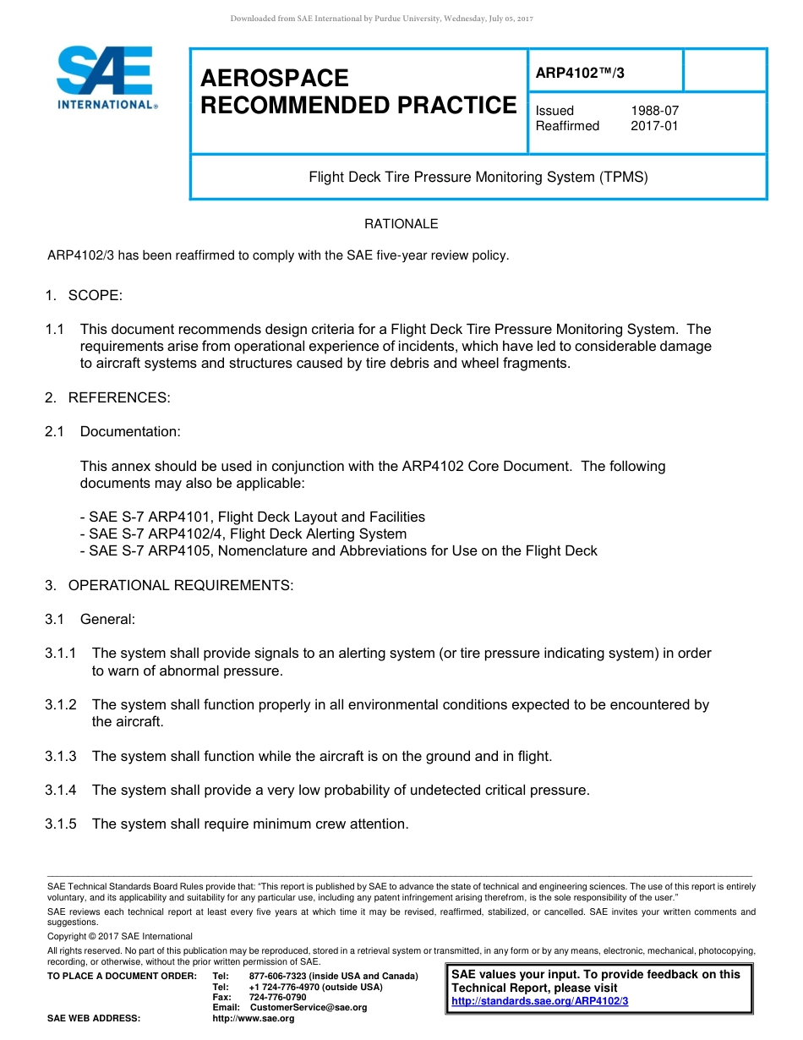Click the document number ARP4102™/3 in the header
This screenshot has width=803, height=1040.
[x=580, y=74]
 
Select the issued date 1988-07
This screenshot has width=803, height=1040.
[x=654, y=111]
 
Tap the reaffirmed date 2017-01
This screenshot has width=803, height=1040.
[x=654, y=126]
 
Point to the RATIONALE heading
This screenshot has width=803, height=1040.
[x=401, y=224]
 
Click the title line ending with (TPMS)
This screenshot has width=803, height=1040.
[x=478, y=178]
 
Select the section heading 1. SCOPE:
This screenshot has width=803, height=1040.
[x=84, y=295]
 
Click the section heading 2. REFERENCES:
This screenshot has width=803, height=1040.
[x=107, y=397]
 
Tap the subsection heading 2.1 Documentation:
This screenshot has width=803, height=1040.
[x=113, y=431]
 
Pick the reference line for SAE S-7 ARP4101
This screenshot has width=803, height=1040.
[x=253, y=517]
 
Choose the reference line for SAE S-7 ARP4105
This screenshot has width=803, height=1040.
[x=338, y=550]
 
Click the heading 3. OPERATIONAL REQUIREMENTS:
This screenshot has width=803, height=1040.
[x=169, y=585]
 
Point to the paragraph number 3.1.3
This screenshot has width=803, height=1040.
[x=61, y=756]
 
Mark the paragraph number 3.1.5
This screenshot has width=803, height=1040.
[x=61, y=824]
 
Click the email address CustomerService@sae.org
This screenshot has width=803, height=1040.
[x=308, y=1007]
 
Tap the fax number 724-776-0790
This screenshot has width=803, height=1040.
[x=277, y=997]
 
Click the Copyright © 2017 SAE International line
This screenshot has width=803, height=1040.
[x=120, y=936]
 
